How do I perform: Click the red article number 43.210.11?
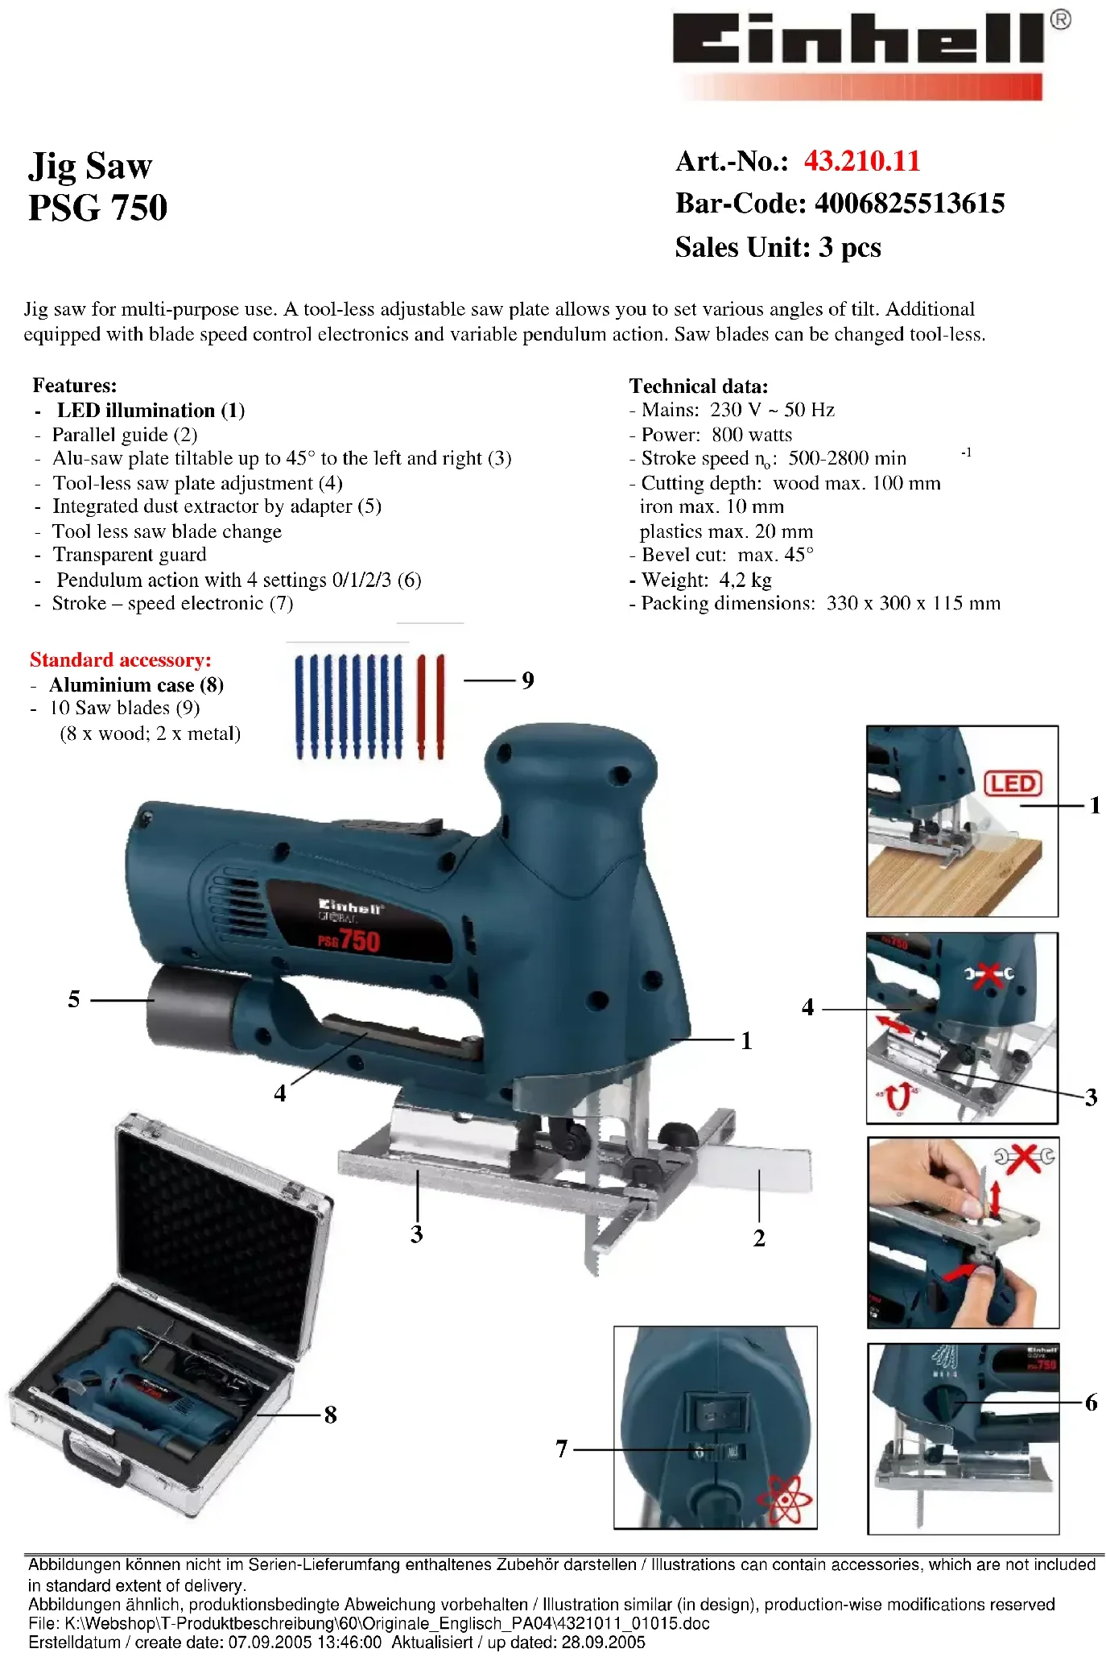861,161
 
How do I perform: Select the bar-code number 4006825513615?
910,204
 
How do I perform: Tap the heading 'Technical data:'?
699,386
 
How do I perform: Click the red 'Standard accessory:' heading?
121,660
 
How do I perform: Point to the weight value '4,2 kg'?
745,580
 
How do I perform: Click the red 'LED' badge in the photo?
1013,783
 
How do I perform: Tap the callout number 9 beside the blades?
527,680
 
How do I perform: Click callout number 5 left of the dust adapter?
74,999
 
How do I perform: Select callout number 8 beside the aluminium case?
330,1415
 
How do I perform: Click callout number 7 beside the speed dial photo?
562,1449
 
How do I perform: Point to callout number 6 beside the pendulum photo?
1091,1403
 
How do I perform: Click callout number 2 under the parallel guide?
759,1238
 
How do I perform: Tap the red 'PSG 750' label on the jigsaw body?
349,940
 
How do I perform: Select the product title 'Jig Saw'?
90,166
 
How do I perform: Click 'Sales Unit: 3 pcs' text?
778,247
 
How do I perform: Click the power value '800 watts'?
752,435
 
